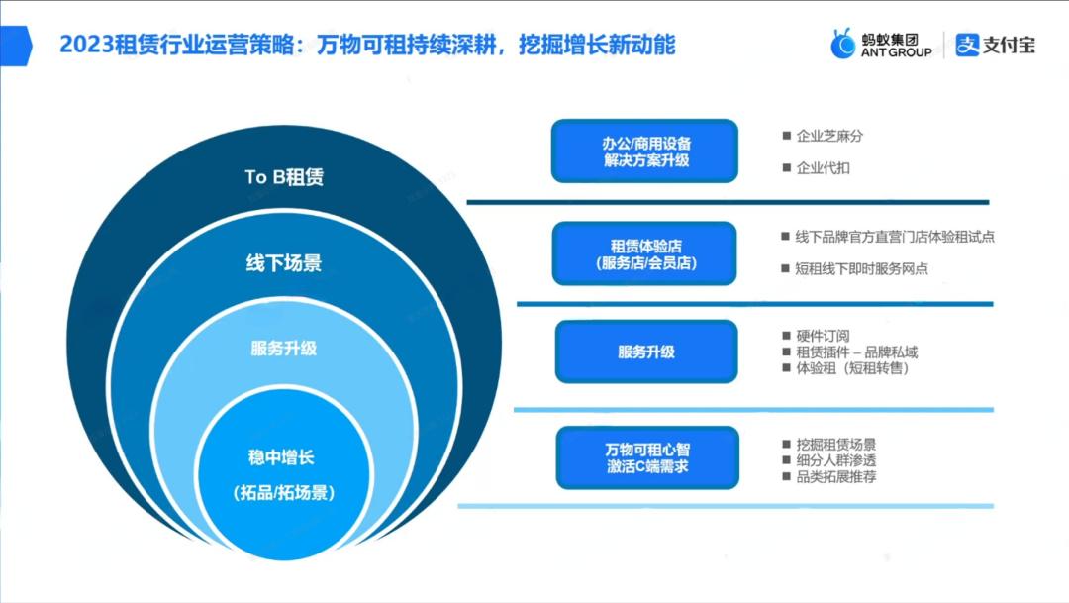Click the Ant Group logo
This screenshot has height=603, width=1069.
(x=881, y=45)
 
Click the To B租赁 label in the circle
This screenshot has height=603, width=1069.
(x=284, y=177)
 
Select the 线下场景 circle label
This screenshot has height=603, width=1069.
(x=284, y=263)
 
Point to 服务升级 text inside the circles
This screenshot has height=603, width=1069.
(x=284, y=348)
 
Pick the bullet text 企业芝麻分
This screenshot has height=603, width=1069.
(x=823, y=136)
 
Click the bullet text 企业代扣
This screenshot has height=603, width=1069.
(x=823, y=168)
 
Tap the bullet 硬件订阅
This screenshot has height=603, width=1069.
(x=823, y=336)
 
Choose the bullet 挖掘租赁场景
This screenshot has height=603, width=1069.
(x=835, y=445)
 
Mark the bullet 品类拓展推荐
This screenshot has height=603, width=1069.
(x=835, y=476)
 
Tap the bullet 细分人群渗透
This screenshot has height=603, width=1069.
(x=835, y=460)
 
